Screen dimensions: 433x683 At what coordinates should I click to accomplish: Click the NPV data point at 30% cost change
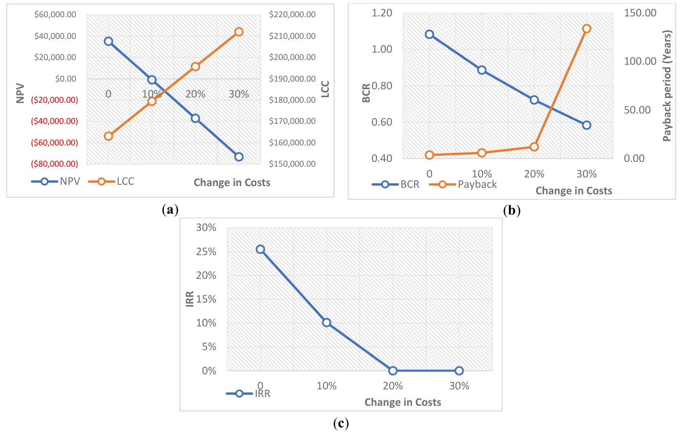(239, 157)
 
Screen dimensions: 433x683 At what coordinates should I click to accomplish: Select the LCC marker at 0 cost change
(108, 136)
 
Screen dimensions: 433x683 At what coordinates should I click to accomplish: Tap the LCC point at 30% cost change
(239, 32)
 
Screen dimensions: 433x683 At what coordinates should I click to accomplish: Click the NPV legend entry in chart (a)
(56, 181)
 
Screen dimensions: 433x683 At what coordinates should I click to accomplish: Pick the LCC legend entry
(112, 181)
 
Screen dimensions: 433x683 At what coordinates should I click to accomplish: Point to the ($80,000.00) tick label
(54, 164)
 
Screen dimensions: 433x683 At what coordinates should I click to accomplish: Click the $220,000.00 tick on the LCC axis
(292, 15)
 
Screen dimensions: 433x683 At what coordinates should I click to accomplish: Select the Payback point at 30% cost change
(587, 28)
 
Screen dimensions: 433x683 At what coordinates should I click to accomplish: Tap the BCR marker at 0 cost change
(429, 34)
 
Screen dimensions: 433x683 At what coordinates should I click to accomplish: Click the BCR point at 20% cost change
(534, 100)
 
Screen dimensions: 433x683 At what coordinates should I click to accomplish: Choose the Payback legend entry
(463, 184)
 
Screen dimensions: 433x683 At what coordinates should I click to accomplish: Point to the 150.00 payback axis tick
(640, 13)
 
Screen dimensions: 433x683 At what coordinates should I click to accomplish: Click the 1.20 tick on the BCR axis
(382, 13)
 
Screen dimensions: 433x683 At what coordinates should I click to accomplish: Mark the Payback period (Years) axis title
(667, 85)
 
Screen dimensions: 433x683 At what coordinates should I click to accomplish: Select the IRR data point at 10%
(327, 322)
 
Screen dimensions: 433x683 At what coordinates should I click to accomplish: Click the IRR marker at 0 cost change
(260, 249)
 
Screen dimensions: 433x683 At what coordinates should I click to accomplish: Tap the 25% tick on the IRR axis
(206, 251)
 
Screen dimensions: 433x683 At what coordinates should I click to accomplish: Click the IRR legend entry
(249, 393)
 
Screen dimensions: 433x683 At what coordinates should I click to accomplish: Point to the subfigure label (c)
(341, 423)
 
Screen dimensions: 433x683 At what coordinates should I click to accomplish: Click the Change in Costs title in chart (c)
(403, 402)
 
